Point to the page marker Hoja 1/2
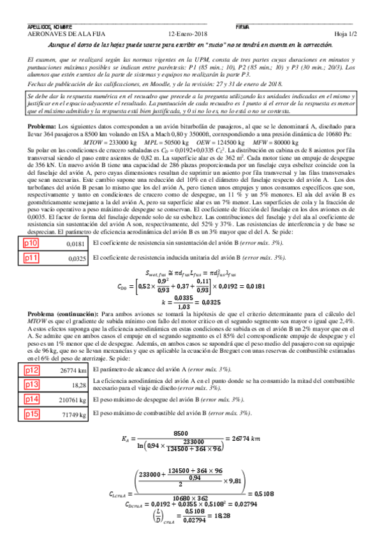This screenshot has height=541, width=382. click(x=345, y=34)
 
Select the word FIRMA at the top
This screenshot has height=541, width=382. click(x=243, y=27)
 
